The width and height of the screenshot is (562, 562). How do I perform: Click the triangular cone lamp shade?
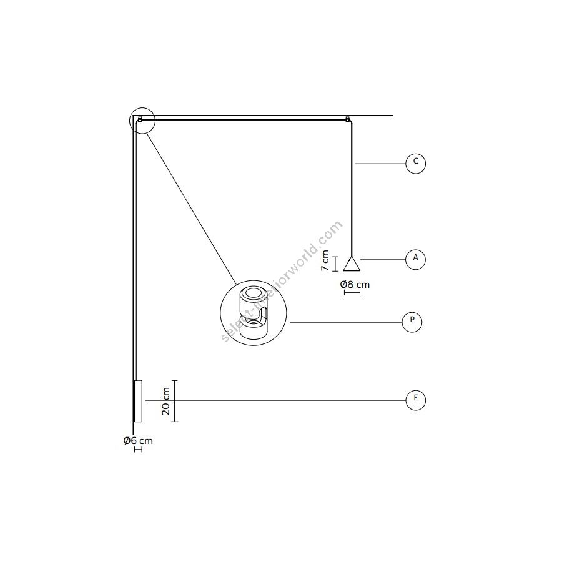tap(352, 264)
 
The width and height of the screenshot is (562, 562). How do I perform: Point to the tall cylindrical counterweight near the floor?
tap(138, 401)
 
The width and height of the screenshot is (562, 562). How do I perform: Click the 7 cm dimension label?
tap(325, 260)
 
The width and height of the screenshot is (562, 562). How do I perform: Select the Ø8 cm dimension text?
tap(355, 285)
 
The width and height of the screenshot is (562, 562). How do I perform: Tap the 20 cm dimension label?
tap(165, 401)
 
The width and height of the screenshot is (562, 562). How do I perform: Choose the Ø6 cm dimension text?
tap(138, 440)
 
